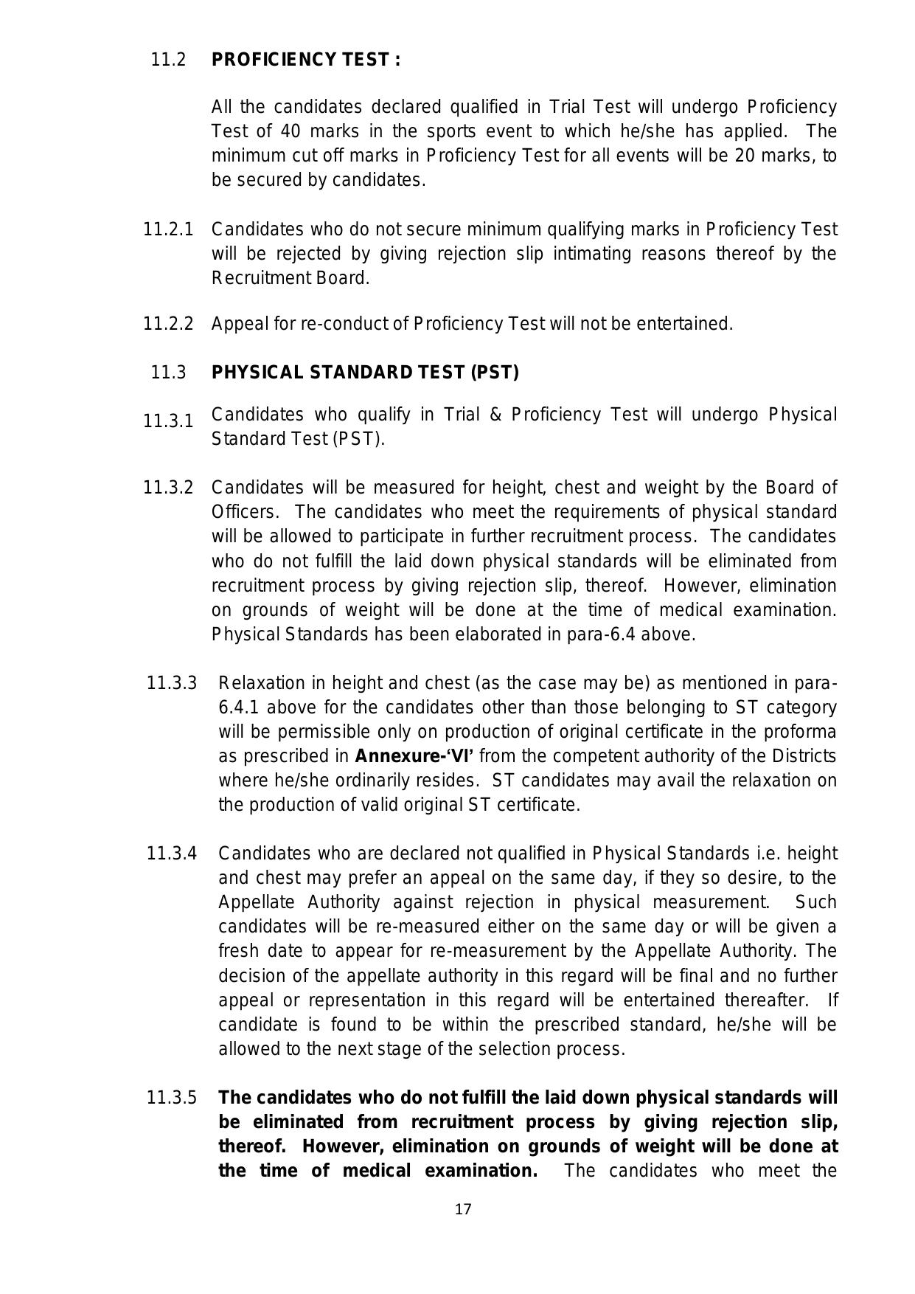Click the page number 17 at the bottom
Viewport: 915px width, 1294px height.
click(463, 1208)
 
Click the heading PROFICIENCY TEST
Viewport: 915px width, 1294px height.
click(306, 60)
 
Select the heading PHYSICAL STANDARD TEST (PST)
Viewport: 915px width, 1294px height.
click(365, 373)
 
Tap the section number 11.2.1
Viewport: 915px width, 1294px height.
click(168, 229)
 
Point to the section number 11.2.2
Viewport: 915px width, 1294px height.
click(168, 324)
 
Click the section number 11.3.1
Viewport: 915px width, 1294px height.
click(168, 421)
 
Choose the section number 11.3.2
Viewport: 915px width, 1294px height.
click(168, 488)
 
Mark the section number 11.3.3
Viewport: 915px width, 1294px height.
click(172, 682)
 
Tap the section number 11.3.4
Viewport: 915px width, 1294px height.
click(172, 854)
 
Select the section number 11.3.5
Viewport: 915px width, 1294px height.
click(172, 1098)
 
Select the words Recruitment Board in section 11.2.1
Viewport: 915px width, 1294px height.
click(290, 278)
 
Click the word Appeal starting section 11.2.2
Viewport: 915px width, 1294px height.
click(234, 324)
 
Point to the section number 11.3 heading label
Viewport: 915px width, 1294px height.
click(168, 373)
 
